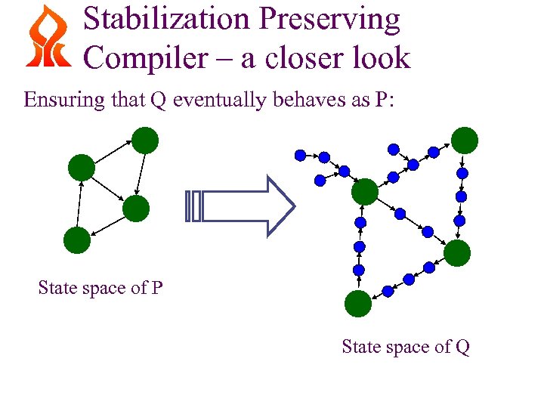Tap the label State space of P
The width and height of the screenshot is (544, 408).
(x=100, y=288)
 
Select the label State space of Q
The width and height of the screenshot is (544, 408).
(x=406, y=347)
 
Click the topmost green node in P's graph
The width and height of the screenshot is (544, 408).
(x=145, y=141)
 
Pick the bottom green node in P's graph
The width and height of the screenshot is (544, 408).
(x=76, y=240)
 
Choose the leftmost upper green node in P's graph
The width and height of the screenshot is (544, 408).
(x=81, y=167)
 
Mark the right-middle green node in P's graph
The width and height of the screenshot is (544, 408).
(x=136, y=209)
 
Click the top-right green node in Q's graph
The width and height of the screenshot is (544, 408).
(x=465, y=140)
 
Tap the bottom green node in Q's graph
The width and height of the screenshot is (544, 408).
(x=358, y=303)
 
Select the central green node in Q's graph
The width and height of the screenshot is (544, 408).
(x=364, y=191)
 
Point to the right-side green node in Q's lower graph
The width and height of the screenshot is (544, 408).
(x=457, y=253)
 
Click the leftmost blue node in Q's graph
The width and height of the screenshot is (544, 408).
(x=300, y=155)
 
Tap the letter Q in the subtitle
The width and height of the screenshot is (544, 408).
(x=158, y=100)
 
